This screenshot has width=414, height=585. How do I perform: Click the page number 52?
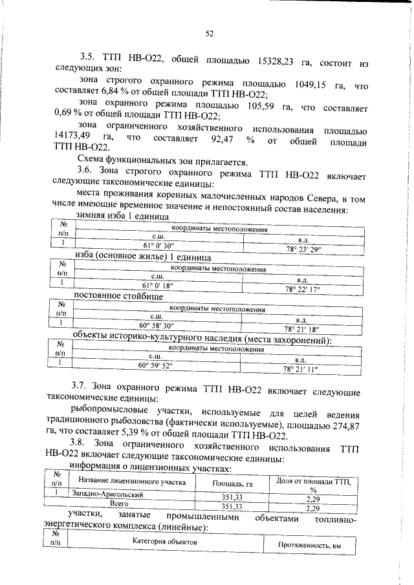(x=210, y=33)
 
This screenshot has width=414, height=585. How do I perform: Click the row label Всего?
(x=117, y=502)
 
